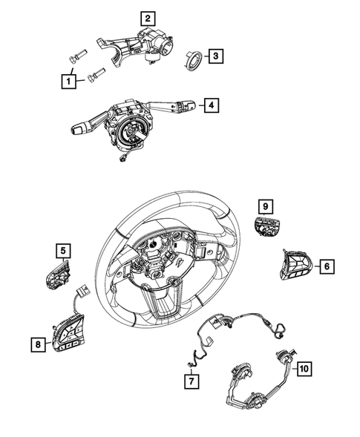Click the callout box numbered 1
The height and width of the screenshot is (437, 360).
coord(68,79)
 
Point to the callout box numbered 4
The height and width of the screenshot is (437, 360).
coord(212,106)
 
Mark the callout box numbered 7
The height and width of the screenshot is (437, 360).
coord(191,381)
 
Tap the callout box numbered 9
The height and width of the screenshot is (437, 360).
coord(265,206)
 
